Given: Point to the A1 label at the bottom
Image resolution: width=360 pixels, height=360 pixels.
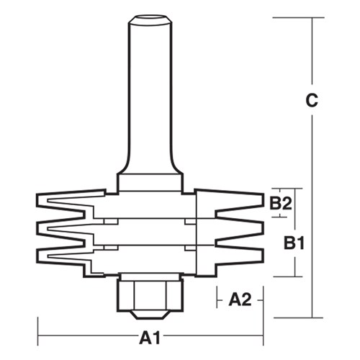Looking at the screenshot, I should (148, 336).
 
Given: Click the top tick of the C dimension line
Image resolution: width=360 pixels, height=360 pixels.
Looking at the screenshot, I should (312, 18).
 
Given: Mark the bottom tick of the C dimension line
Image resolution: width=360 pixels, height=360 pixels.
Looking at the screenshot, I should (312, 317).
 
